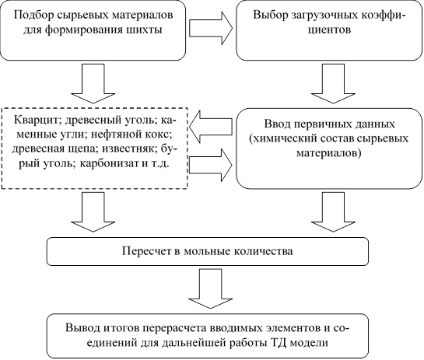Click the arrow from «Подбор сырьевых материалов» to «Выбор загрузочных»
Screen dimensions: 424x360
(x=211, y=28)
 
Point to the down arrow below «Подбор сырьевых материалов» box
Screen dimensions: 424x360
(x=93, y=83)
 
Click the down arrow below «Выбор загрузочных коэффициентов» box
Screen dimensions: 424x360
(x=333, y=83)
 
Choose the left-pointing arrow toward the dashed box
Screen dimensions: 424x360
(x=211, y=126)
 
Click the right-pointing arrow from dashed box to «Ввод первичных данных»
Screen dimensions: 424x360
(x=211, y=165)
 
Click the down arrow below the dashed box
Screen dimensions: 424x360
(x=93, y=212)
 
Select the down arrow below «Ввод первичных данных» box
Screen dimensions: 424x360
(x=333, y=212)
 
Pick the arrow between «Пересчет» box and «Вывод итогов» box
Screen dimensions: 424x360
(x=210, y=288)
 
